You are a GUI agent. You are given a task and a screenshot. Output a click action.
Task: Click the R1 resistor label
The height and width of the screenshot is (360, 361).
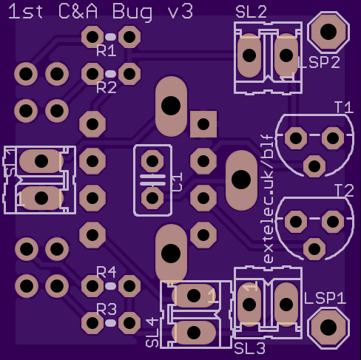pos(107,51)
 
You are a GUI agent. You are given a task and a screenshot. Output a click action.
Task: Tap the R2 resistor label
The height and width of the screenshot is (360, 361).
pos(107,87)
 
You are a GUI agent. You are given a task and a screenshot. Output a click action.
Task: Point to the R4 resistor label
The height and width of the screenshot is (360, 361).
pos(107,272)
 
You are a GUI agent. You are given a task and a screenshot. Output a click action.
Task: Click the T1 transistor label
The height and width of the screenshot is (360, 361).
pos(343,108)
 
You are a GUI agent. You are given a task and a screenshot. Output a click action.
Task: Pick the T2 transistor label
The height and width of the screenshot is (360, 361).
pos(343,191)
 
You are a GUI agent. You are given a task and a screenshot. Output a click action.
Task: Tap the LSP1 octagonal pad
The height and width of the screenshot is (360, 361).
pos(328,327)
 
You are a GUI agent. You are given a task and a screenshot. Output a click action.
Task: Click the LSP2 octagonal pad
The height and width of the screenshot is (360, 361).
pos(328,31)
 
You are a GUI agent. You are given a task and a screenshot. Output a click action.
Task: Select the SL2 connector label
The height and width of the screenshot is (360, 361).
pos(252,12)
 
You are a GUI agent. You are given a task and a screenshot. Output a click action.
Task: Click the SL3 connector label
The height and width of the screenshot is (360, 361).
pos(250,347)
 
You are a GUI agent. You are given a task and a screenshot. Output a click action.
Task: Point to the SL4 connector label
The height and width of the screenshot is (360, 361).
pos(152,332)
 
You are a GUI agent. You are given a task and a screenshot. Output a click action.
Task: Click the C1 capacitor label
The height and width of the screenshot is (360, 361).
pos(176,182)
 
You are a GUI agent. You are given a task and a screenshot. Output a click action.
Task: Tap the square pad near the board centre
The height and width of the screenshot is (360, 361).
pos(203,123)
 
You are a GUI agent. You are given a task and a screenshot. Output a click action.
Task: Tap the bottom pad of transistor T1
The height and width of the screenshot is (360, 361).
pos(314,166)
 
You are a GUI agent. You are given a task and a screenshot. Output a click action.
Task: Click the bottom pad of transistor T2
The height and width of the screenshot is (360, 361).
pos(314,248)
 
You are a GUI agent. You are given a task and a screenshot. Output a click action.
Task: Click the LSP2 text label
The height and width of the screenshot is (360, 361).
pos(319,63)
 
